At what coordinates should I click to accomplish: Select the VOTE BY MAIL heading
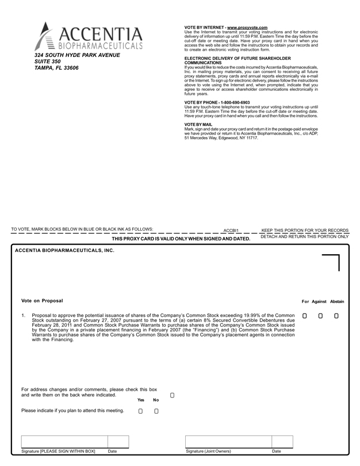coord(198,124)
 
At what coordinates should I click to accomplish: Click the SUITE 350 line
coord(48,61)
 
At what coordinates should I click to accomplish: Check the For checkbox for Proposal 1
coord(304,316)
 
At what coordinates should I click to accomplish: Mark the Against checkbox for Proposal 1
coord(320,316)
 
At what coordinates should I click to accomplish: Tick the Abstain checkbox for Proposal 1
coord(336,316)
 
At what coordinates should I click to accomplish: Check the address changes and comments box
coord(172,395)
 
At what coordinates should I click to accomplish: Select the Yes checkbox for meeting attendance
coord(140,411)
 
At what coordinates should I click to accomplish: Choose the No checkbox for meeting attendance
coord(156,411)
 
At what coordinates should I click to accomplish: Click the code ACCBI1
coord(231,230)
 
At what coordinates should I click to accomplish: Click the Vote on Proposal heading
coord(42,301)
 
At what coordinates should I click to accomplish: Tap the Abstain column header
coord(337,301)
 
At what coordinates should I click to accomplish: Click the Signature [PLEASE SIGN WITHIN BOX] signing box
coord(63,441)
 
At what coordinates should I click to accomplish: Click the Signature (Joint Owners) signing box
coord(228,441)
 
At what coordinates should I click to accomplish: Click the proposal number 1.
coord(23,316)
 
